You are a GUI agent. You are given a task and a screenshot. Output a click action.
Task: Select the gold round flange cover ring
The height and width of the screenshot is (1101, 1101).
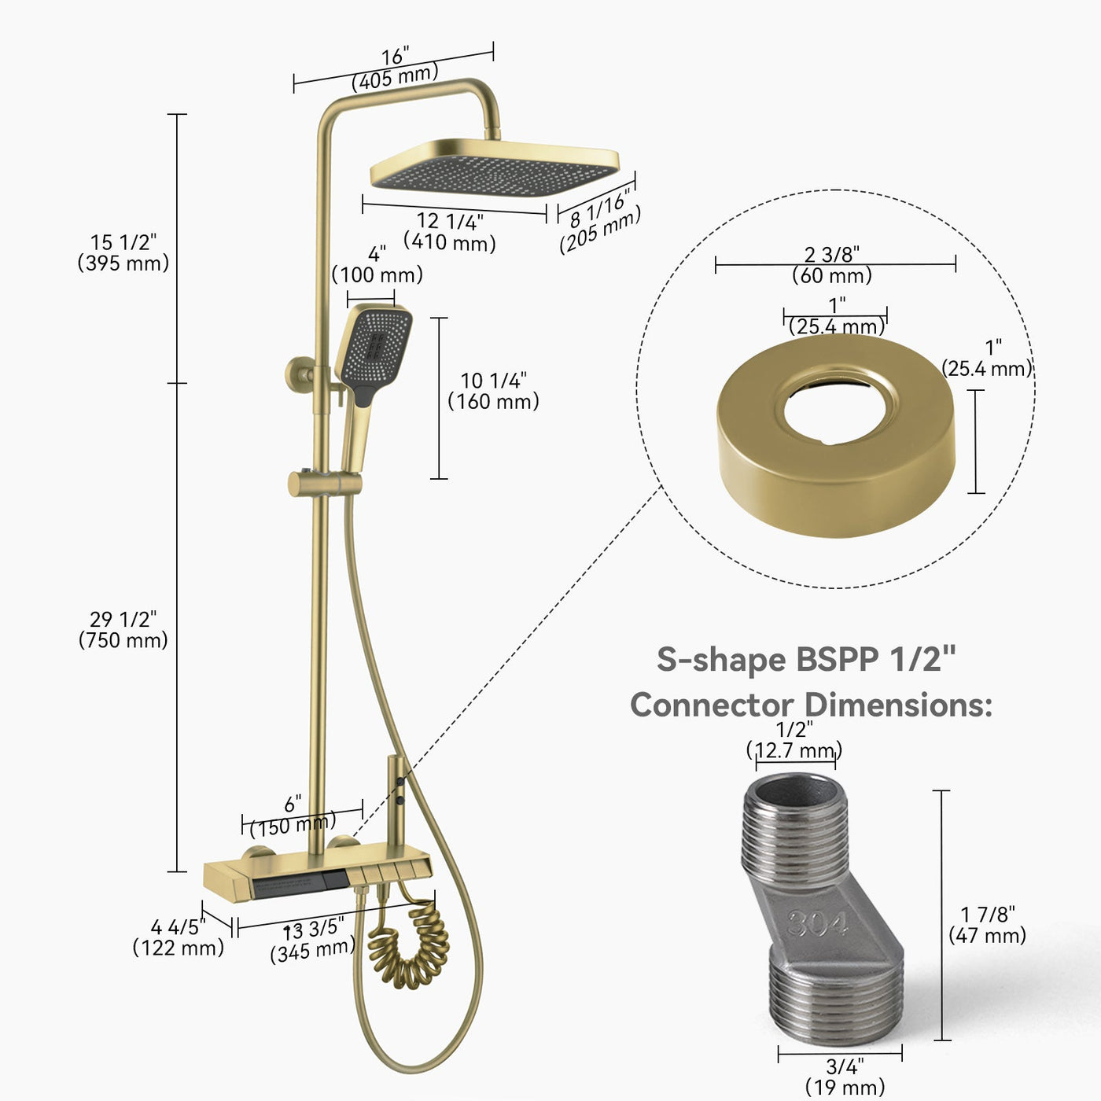point(835,436)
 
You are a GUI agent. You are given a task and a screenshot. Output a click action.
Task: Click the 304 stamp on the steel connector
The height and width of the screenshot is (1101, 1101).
point(818,923)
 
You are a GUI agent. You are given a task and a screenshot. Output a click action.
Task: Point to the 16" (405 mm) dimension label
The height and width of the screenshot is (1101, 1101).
point(395,68)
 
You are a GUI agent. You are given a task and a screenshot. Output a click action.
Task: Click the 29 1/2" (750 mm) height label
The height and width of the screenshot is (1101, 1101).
point(123,630)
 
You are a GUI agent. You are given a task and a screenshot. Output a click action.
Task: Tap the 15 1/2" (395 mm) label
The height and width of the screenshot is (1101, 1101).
point(123,252)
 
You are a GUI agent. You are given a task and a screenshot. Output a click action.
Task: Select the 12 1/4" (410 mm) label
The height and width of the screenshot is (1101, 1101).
point(450,232)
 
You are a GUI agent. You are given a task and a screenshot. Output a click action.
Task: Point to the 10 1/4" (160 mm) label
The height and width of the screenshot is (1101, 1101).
point(494,391)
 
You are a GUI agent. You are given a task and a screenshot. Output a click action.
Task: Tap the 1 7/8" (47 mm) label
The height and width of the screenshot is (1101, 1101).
point(988,925)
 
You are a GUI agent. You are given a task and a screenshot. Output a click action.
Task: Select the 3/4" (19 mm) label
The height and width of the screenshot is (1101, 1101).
point(845,1077)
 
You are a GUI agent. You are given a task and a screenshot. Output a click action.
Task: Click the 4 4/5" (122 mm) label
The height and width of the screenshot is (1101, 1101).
point(179,937)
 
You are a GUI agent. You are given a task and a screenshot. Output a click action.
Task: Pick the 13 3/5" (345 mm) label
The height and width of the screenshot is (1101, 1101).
point(313,941)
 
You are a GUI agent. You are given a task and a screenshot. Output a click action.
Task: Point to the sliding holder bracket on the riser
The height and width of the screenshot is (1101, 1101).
point(324,483)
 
